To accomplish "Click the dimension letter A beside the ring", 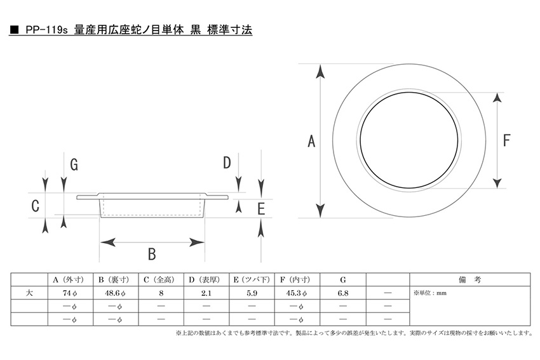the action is [x=311, y=142].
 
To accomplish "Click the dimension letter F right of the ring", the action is [x=506, y=140].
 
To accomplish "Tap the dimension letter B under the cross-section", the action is [x=152, y=254].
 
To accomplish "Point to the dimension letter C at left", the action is [x=35, y=206].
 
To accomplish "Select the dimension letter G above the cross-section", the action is [x=74, y=164].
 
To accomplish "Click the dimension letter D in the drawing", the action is [x=227, y=163].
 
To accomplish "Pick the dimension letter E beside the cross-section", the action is [x=261, y=209].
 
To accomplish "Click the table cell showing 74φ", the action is [x=71, y=293].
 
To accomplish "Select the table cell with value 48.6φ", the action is [x=116, y=293].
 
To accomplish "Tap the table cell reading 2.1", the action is [x=206, y=293].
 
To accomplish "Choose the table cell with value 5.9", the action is [x=252, y=293].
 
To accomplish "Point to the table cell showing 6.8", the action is [x=343, y=293].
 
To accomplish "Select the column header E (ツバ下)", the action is [x=252, y=280].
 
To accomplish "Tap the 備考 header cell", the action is [x=469, y=280].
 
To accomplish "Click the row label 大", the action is [x=29, y=293].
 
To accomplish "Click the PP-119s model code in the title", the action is [x=46, y=30].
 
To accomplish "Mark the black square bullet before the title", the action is [x=15, y=30].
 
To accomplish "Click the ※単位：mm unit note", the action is [x=430, y=293].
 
